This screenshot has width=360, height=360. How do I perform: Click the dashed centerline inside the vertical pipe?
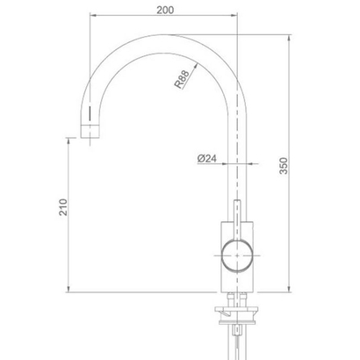[238, 176]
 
